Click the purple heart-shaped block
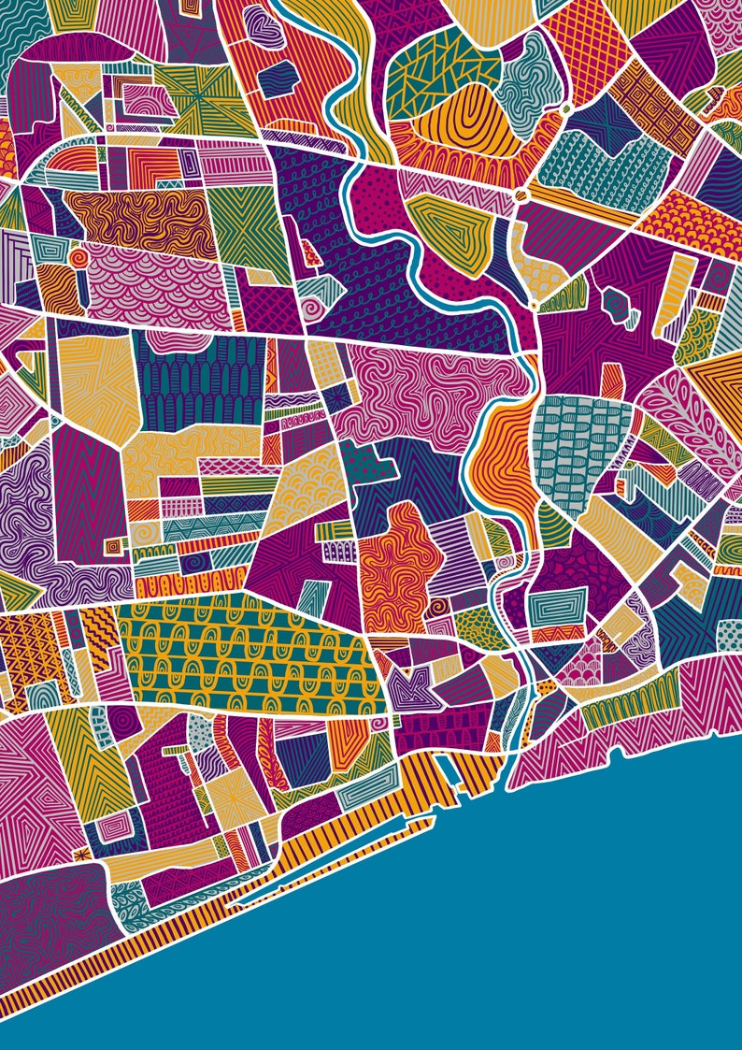click(268, 32)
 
